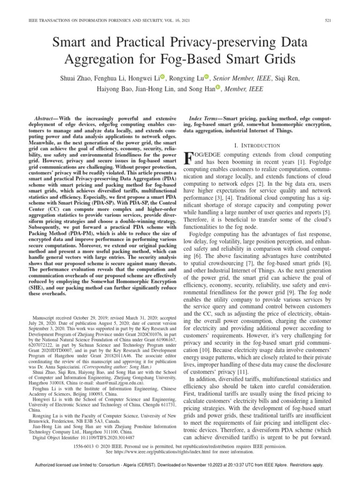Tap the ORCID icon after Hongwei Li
pos(163,76)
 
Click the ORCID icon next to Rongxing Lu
pos(206,76)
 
